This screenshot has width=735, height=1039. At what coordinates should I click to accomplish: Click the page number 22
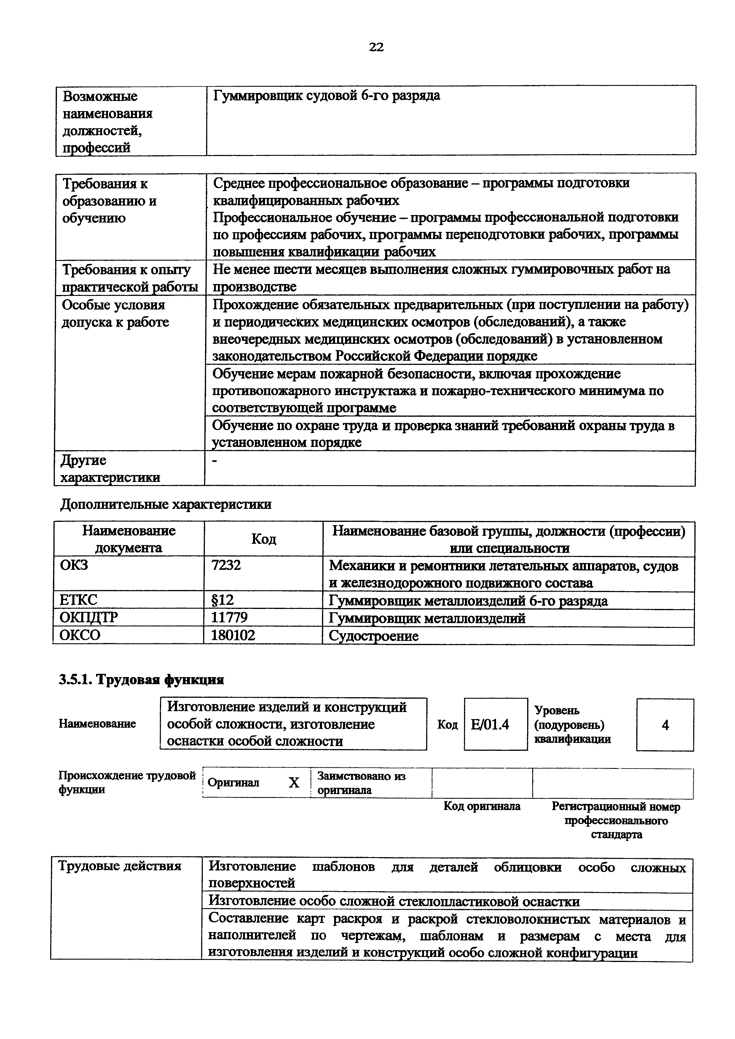click(376, 47)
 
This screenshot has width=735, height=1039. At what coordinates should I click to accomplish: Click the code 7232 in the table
click(226, 565)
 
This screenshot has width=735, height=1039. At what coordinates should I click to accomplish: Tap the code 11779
click(229, 618)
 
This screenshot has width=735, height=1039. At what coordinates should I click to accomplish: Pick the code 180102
click(233, 635)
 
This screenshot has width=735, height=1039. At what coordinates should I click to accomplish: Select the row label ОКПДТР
click(89, 618)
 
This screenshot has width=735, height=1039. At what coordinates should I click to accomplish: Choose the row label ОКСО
click(80, 635)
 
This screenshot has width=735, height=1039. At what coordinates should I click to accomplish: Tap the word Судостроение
click(374, 636)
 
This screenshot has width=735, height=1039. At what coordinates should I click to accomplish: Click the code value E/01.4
click(490, 725)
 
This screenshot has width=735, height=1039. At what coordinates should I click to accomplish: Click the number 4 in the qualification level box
click(665, 725)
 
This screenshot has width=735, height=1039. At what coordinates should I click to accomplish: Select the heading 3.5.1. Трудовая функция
click(142, 680)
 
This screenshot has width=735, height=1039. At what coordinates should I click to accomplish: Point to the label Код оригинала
click(482, 806)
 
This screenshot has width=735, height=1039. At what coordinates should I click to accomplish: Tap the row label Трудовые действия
click(120, 866)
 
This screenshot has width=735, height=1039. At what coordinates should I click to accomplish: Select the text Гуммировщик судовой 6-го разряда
click(326, 96)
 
